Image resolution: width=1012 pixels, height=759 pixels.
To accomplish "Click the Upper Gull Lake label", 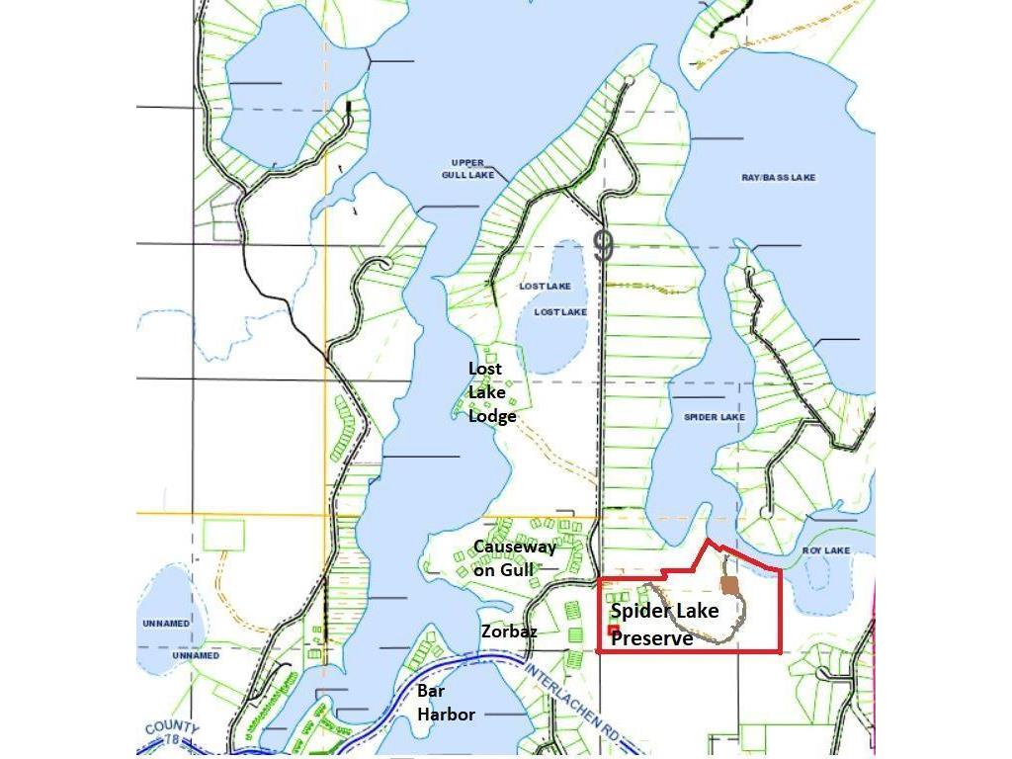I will [x=467, y=168].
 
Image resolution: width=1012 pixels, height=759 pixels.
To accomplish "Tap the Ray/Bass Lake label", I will [x=779, y=178].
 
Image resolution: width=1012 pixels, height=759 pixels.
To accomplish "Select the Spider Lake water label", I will [x=714, y=417].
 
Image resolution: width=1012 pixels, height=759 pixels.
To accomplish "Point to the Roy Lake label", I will [x=825, y=550].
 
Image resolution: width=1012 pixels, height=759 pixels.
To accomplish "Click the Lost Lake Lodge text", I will [x=491, y=392].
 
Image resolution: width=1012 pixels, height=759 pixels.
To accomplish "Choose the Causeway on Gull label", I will [x=514, y=558].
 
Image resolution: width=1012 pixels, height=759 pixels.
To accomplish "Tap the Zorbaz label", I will [x=509, y=631].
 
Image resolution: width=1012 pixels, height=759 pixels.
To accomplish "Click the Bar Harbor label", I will [x=446, y=703].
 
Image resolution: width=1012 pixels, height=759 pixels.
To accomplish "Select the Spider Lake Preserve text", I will [x=664, y=625].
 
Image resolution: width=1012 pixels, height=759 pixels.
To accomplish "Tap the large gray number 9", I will [x=603, y=246].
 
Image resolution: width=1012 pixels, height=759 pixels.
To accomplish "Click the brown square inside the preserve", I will [x=729, y=587].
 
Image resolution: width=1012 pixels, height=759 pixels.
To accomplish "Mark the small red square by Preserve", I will [x=613, y=630].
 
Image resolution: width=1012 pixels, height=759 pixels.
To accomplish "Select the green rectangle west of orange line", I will [x=223, y=535].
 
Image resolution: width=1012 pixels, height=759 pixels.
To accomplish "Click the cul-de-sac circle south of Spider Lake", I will [x=766, y=512].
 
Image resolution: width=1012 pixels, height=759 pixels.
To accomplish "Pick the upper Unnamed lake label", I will [x=167, y=624].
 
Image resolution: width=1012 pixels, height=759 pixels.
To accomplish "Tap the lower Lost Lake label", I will [x=560, y=312].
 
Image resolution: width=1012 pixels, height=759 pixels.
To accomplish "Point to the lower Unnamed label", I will [x=196, y=655].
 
